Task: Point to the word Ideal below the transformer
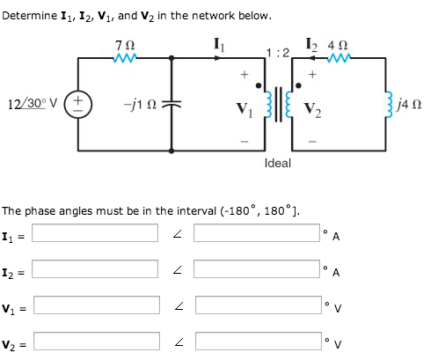click(x=278, y=163)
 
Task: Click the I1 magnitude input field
click(x=97, y=234)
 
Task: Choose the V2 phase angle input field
click(x=258, y=342)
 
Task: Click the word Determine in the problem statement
click(x=29, y=16)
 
